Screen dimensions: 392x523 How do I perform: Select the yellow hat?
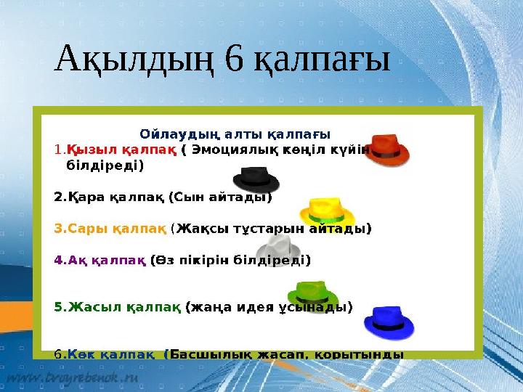click(326, 211)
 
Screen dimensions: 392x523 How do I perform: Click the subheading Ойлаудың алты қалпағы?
click(235, 134)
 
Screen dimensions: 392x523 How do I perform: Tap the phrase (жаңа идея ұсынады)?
click(269, 306)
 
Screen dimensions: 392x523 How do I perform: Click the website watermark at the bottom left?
click(73, 379)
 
